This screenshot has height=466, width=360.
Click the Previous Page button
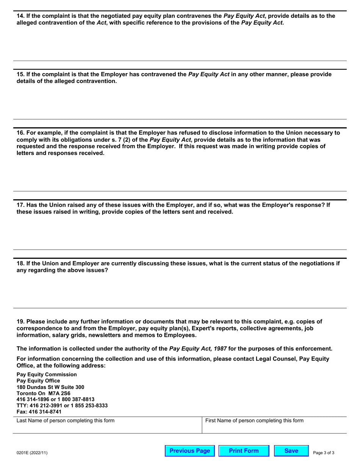coord(190,451)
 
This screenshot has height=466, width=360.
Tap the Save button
coord(291,451)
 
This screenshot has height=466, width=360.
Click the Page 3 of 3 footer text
coord(324,453)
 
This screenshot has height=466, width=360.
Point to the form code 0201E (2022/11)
coord(32,453)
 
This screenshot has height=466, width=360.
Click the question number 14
coord(20,16)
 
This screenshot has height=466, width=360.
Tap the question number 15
coord(20,74)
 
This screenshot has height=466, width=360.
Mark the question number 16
coord(20,133)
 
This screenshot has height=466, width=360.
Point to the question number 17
coord(20,205)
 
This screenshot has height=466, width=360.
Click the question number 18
coord(20,263)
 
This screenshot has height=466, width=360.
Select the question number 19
coord(20,322)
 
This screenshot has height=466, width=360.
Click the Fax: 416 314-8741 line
coord(39,411)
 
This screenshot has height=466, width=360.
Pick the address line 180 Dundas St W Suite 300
coord(50,387)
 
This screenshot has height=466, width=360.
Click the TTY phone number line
coord(62,405)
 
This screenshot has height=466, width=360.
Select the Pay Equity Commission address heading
coord(47,374)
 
